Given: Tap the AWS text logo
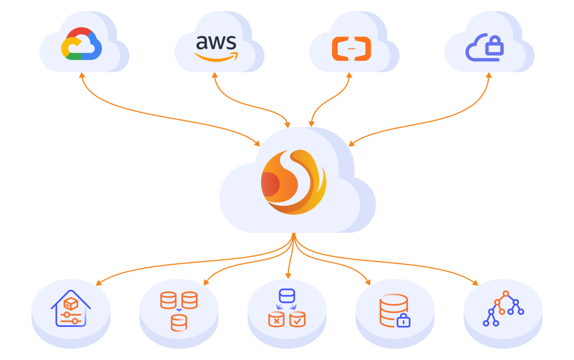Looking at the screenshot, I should pyautogui.click(x=217, y=42).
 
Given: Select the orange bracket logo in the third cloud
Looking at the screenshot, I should pyautogui.click(x=351, y=48).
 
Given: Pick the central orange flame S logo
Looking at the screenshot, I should pyautogui.click(x=293, y=181).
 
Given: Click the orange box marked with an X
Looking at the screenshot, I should pyautogui.click(x=276, y=319).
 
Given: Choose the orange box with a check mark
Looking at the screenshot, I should pyautogui.click(x=297, y=319).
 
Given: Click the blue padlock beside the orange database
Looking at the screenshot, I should pyautogui.click(x=403, y=321).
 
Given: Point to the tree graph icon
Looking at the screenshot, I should pyautogui.click(x=503, y=309).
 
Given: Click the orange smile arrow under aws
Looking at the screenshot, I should pyautogui.click(x=217, y=56).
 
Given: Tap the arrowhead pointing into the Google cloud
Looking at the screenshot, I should pyautogui.click(x=82, y=75).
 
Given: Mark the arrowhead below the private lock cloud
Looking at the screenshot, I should pyautogui.click(x=488, y=75).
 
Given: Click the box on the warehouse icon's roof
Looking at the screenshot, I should pyautogui.click(x=70, y=303).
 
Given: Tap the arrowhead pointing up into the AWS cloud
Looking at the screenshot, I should pyautogui.click(x=215, y=75).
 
